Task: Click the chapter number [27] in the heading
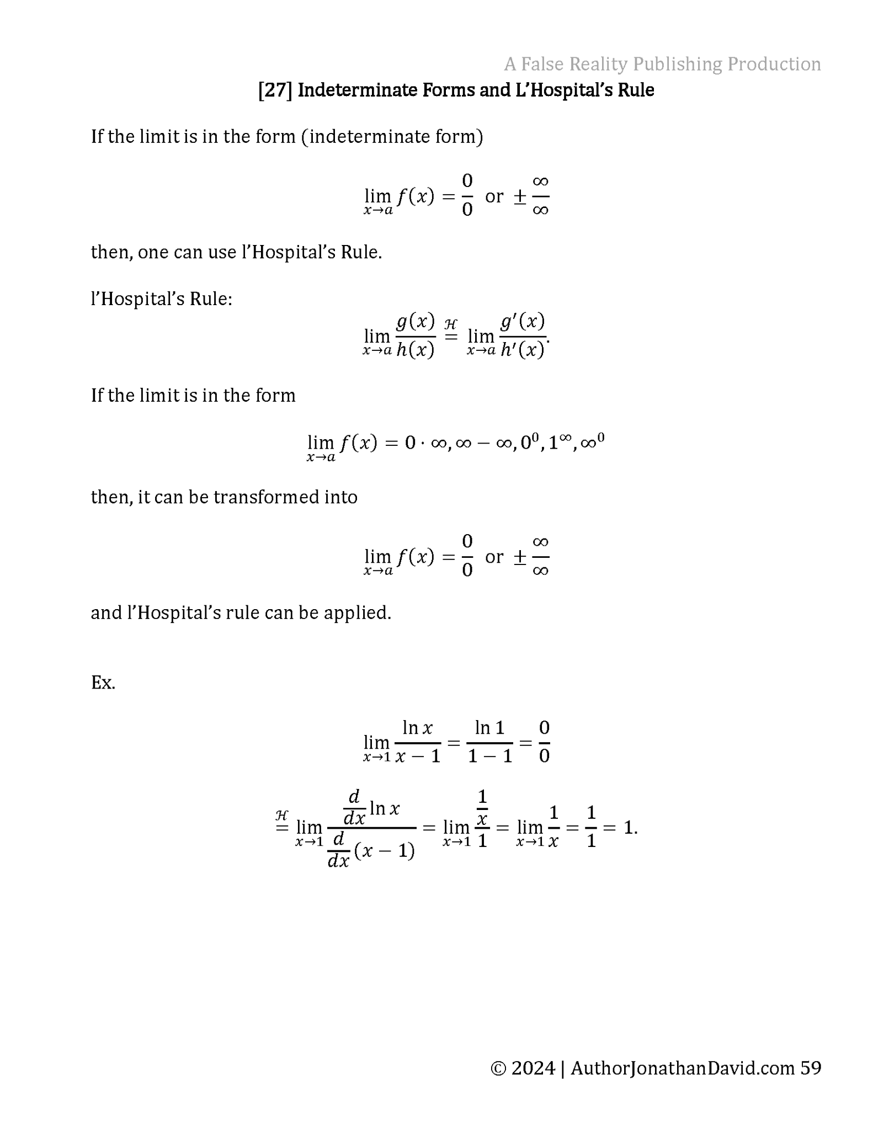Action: point(275,90)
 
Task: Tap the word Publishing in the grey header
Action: point(677,64)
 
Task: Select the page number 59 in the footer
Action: point(810,1068)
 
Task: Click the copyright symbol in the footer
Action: point(498,1068)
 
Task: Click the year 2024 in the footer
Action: point(533,1068)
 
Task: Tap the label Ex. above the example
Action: point(103,683)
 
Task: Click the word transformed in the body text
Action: point(268,497)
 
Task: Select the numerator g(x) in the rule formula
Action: point(416,321)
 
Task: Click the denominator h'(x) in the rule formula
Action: point(522,350)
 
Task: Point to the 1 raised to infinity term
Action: point(560,442)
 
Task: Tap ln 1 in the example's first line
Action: point(489,728)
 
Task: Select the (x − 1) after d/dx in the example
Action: point(384,851)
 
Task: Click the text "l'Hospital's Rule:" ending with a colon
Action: point(162,299)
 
